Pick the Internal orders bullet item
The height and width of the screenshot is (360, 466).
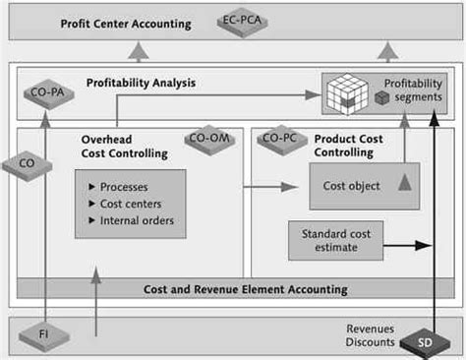(137, 219)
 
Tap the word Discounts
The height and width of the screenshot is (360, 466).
(371, 342)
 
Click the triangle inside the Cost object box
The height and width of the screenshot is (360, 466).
(403, 181)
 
